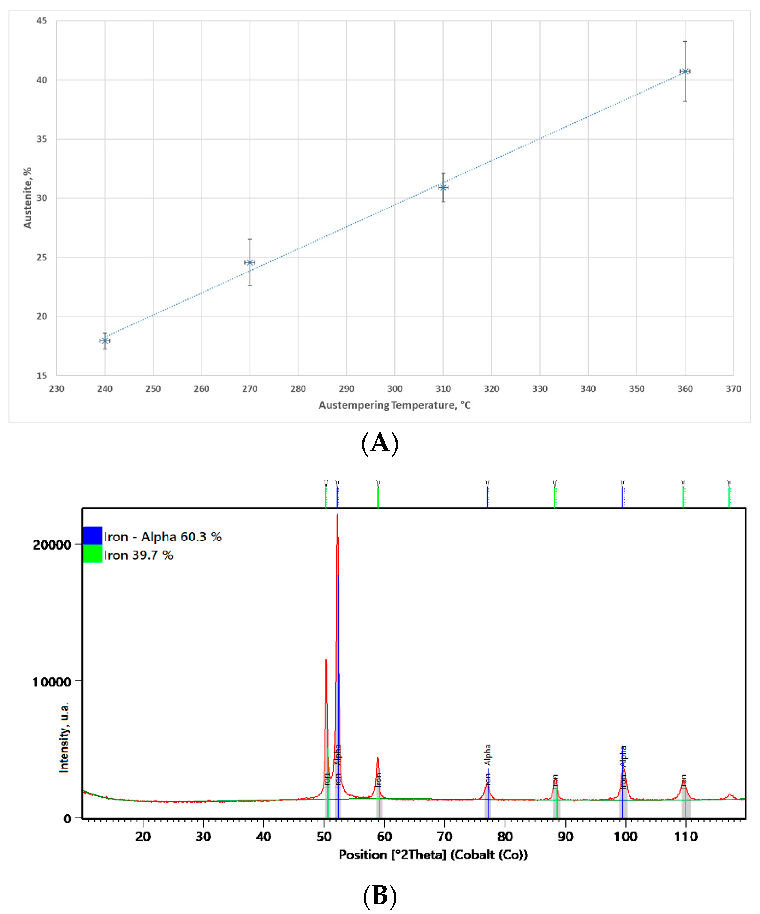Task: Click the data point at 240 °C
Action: [105, 341]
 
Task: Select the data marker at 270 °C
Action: [250, 262]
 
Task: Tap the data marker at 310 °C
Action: [443, 188]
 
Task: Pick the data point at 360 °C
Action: [685, 71]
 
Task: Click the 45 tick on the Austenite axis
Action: [42, 21]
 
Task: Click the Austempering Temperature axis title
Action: [394, 405]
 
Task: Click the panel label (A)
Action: [380, 443]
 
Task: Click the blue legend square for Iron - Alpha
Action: [93, 536]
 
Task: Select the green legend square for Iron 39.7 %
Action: [93, 554]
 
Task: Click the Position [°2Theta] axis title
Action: [433, 855]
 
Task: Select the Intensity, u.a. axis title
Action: [64, 737]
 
